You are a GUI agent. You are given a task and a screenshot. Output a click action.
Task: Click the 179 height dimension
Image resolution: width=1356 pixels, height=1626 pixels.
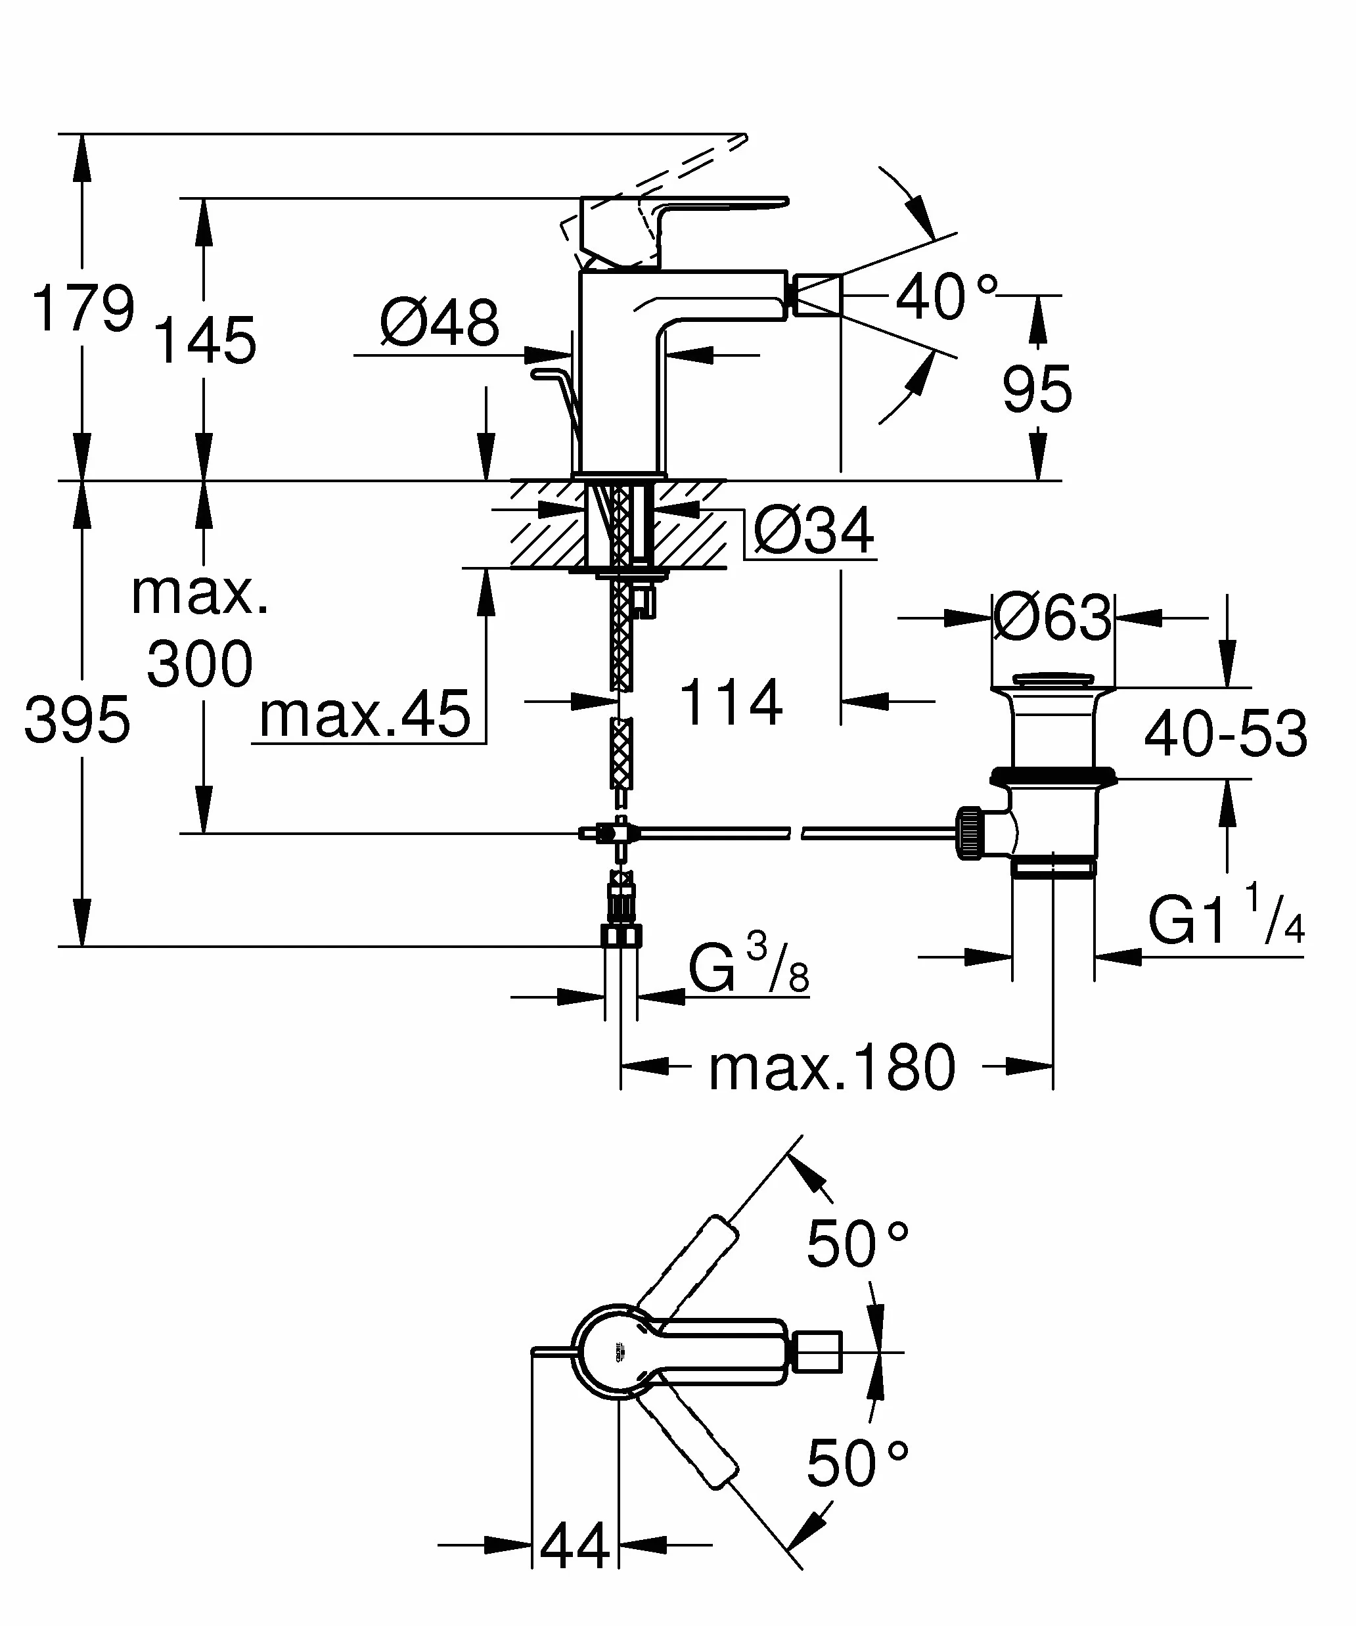(83, 309)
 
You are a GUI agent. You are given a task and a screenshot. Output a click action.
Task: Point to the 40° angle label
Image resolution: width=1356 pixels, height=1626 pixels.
(946, 296)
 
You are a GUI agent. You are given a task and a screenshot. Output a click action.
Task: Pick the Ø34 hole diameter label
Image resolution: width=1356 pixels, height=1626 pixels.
(814, 531)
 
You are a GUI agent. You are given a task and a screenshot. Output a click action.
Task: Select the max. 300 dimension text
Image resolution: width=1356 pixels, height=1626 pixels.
(200, 628)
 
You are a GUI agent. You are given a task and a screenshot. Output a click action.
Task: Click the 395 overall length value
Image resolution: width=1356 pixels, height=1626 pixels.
(78, 720)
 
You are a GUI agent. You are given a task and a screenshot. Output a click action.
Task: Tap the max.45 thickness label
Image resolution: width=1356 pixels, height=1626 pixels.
(365, 714)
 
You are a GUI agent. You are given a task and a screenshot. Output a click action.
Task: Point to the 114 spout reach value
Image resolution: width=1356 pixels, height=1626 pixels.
(731, 702)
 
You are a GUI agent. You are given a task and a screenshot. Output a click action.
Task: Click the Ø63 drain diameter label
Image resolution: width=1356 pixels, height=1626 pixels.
(1052, 618)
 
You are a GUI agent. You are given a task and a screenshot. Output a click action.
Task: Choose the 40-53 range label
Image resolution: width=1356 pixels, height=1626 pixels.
(1226, 733)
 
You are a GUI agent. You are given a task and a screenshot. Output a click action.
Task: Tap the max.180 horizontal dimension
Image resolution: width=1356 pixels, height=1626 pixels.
(832, 1067)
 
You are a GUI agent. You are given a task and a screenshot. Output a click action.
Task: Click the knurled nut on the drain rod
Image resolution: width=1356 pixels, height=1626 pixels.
(970, 832)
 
